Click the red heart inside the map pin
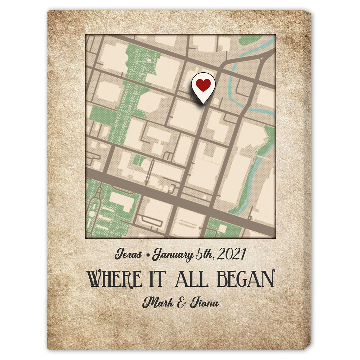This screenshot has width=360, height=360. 203,85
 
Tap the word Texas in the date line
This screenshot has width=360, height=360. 130,255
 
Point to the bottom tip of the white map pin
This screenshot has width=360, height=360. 203,103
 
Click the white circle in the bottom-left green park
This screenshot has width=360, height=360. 92,214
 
